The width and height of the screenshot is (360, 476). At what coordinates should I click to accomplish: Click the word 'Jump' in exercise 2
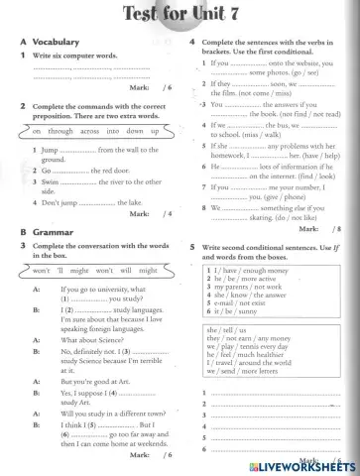(49, 150)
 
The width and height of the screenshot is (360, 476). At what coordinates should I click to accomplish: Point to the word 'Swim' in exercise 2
(50, 183)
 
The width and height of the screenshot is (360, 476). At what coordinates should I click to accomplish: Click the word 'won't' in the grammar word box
(43, 270)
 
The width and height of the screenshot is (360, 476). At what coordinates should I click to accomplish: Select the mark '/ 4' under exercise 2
(167, 213)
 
